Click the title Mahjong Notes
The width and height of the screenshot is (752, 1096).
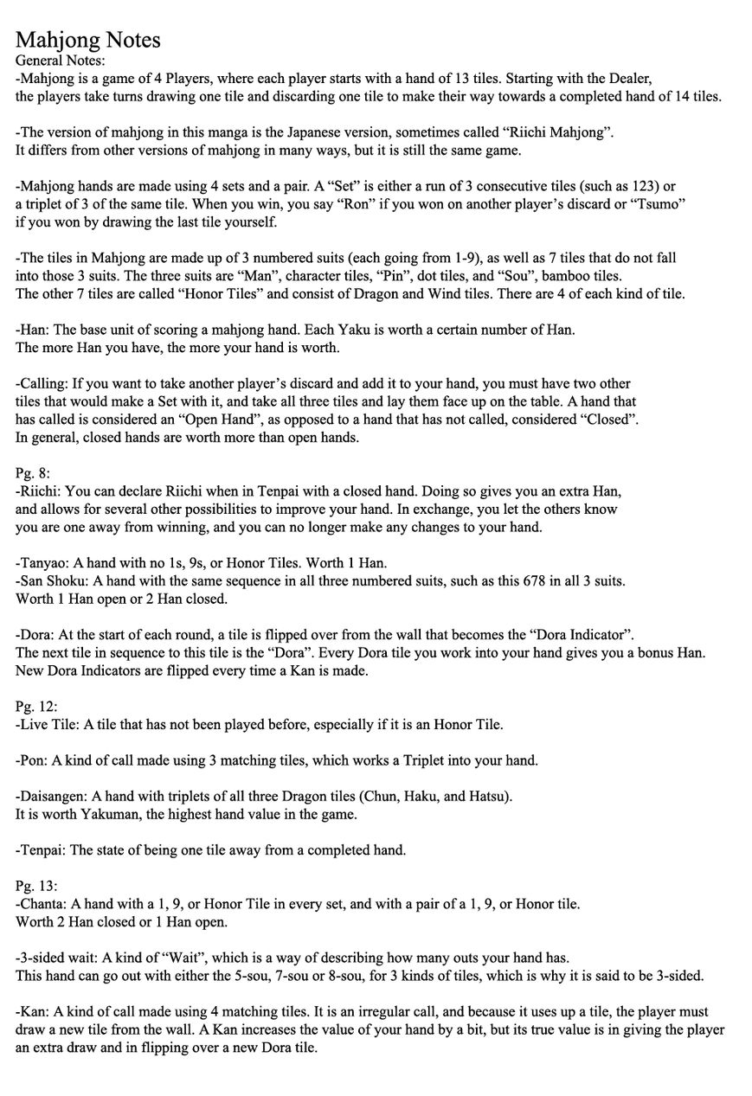(x=87, y=40)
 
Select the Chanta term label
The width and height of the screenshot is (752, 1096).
(x=42, y=904)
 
